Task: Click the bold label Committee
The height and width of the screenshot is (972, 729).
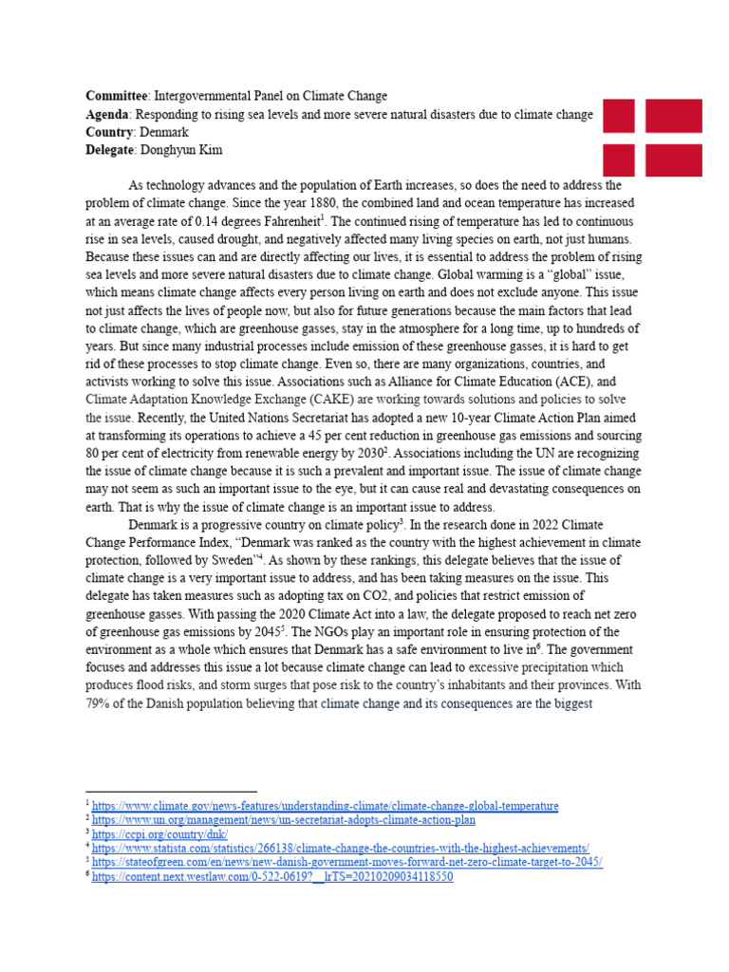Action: point(117,97)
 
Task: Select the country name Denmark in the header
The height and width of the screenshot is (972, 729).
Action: point(162,132)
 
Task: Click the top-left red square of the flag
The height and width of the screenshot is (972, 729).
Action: point(619,115)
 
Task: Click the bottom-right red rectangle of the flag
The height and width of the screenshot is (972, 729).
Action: point(673,159)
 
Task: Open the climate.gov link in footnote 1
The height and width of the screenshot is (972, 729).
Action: point(326,806)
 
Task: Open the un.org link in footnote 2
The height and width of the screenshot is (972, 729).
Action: point(284,819)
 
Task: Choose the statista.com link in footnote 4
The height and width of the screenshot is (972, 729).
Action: point(341,848)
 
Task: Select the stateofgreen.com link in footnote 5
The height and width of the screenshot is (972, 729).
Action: point(347,862)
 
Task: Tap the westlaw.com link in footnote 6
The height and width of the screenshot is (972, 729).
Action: point(272,876)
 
